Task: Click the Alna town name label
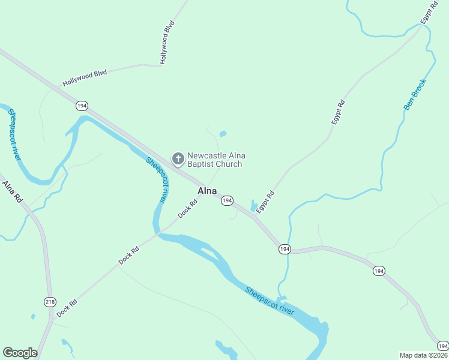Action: (207, 191)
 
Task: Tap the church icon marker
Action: (178, 159)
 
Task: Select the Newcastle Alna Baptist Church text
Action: (215, 160)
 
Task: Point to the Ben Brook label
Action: (414, 95)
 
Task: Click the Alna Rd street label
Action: (11, 192)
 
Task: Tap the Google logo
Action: (20, 353)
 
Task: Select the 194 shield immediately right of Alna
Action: (226, 200)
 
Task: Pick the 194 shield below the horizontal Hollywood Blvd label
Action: (82, 106)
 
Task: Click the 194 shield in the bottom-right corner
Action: (442, 346)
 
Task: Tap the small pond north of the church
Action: (223, 133)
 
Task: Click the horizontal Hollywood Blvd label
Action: (85, 77)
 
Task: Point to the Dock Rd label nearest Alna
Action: (187, 209)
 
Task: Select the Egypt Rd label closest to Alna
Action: (268, 202)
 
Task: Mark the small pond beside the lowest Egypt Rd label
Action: (253, 206)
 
